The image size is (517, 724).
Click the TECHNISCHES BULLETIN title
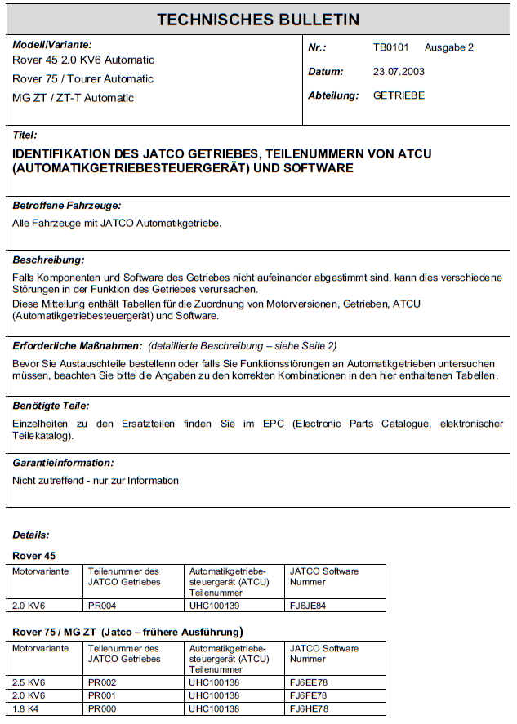tap(258, 19)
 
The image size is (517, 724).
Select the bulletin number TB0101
tap(391, 47)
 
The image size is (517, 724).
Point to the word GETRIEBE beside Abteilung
tap(399, 95)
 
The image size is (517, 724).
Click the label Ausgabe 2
tap(449, 47)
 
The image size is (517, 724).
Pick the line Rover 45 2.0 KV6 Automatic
tap(83, 60)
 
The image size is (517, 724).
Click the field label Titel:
tap(25, 135)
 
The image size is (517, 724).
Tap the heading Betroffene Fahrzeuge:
tap(67, 206)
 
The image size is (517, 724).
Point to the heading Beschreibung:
tap(49, 260)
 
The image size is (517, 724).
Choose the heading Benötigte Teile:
tap(51, 405)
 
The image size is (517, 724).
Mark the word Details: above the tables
tap(31, 535)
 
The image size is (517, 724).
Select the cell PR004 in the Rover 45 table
tap(101, 605)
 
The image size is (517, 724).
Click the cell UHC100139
tap(214, 605)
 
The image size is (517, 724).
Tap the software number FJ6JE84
tap(309, 605)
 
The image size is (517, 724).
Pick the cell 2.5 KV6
tap(29, 682)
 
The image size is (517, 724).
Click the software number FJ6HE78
tap(309, 708)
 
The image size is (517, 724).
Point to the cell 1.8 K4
tap(26, 708)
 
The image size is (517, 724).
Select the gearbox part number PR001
tap(101, 695)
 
